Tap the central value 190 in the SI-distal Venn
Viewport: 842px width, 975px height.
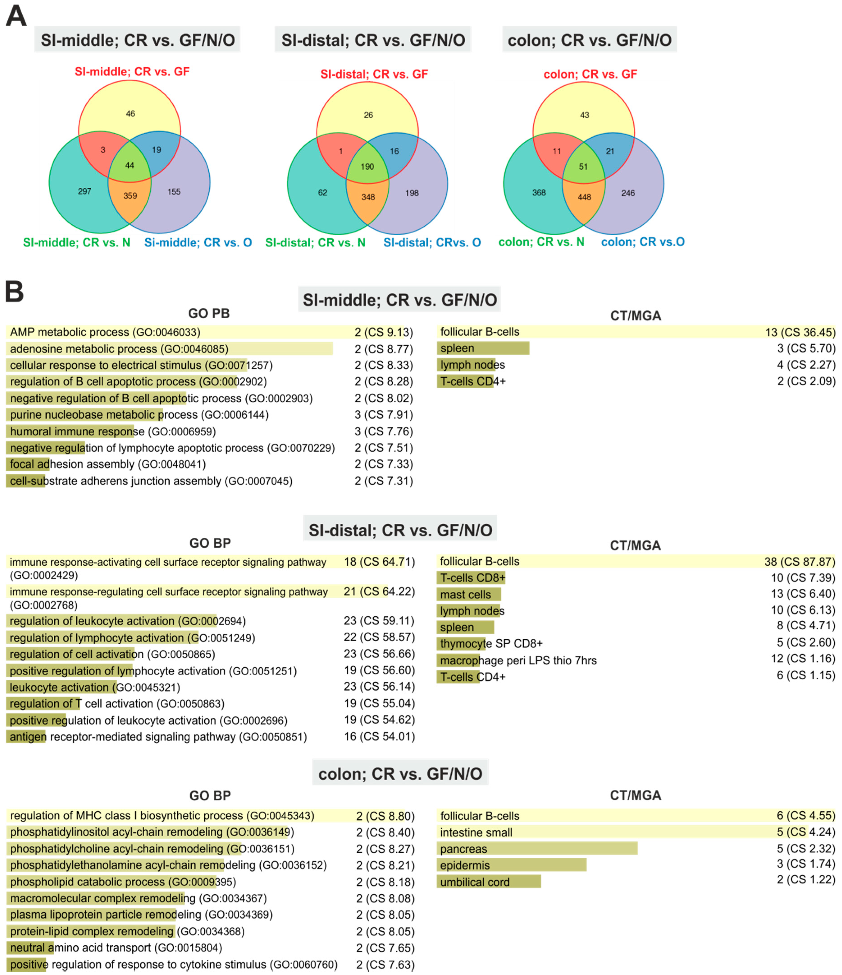point(367,166)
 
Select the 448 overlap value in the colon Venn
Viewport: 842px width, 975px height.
point(584,197)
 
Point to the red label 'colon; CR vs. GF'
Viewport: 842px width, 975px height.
point(590,74)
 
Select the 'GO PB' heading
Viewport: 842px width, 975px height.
point(209,313)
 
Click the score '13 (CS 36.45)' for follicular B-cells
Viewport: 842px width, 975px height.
point(800,332)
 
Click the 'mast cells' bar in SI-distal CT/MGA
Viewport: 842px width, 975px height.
point(469,594)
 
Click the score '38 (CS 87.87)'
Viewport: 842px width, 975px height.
point(800,561)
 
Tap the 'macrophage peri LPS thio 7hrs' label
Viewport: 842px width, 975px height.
point(518,660)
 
